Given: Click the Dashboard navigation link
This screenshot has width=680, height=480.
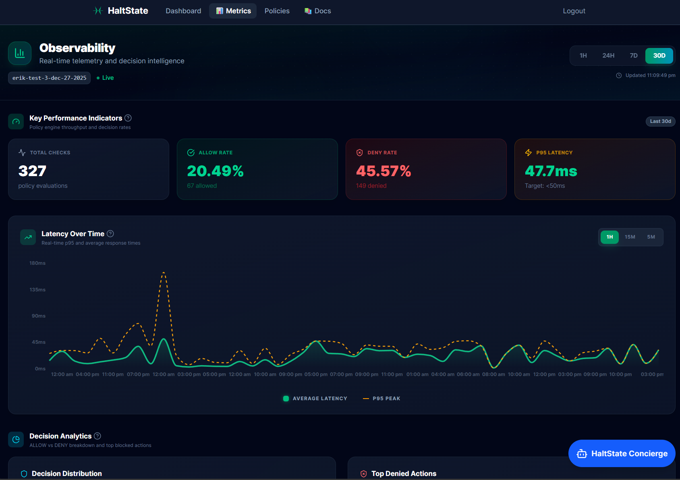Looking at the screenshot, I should click(183, 11).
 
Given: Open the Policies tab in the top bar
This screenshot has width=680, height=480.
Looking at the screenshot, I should click(277, 11).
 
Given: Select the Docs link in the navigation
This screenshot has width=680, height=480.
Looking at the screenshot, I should click(318, 11).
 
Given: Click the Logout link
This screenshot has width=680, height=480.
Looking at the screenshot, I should click(574, 11).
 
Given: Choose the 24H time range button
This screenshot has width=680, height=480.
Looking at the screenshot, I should click(608, 56).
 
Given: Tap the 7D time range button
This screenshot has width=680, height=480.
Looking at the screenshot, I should click(633, 56).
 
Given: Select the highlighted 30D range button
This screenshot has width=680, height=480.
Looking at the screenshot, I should click(659, 56).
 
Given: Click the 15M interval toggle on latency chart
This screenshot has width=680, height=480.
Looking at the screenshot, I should click(630, 237).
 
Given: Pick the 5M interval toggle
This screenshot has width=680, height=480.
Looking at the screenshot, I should click(651, 237).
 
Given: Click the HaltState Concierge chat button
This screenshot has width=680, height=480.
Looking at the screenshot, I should click(622, 453).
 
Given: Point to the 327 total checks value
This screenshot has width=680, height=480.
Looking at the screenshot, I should click(32, 171).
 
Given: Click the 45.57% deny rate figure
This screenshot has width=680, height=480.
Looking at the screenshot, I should click(383, 171).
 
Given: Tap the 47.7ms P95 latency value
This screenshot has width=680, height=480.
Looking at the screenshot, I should click(551, 171).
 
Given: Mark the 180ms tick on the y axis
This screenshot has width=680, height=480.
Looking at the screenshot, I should click(37, 263).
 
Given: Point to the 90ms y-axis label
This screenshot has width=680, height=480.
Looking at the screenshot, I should click(39, 316).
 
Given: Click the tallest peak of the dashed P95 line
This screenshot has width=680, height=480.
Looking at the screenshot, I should click(164, 273).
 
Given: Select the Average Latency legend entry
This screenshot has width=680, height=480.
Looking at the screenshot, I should click(315, 399).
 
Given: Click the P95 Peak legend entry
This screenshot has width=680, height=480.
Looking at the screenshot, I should click(381, 399).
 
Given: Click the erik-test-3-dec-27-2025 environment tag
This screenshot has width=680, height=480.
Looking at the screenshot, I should click(49, 78).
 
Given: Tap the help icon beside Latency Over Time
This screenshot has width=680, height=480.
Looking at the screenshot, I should click(110, 234).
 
